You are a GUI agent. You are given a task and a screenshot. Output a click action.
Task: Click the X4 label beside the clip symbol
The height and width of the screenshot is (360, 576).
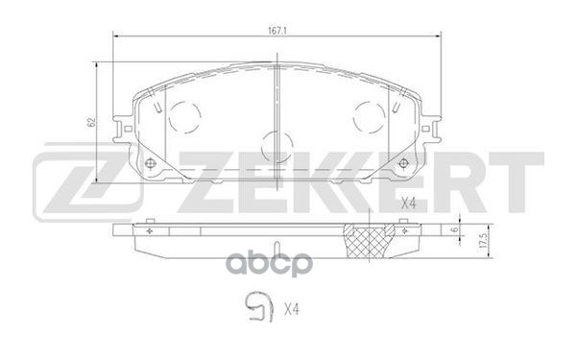(291, 308)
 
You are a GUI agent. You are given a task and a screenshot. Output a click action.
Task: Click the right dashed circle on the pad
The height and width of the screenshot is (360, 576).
(368, 119)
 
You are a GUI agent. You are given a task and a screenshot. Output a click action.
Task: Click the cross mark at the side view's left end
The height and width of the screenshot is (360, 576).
(150, 231)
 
